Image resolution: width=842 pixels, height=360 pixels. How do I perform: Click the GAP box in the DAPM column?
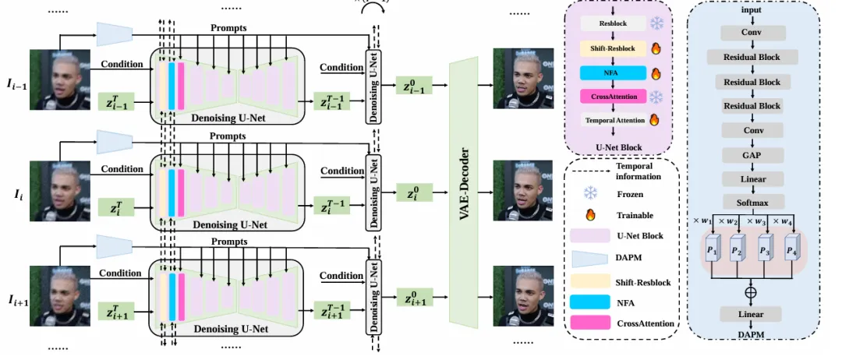[752, 155]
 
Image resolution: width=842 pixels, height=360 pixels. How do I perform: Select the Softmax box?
[752, 202]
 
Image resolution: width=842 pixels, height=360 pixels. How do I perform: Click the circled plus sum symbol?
[752, 292]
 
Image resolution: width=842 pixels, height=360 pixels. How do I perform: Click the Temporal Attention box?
[615, 120]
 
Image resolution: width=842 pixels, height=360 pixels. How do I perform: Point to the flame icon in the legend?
[589, 215]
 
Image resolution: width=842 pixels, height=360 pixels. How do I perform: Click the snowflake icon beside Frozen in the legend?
[589, 194]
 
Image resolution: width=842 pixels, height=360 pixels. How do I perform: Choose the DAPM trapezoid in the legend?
[589, 257]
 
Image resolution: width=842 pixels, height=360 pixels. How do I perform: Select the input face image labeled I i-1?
[55, 80]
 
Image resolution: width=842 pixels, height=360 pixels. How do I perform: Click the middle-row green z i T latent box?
[116, 206]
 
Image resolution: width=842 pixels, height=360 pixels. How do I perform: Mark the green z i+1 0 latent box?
[416, 298]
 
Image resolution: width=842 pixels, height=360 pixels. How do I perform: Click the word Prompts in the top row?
[228, 28]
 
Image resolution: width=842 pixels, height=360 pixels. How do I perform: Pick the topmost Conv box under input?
[752, 34]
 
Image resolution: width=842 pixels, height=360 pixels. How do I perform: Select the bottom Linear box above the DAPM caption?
[752, 314]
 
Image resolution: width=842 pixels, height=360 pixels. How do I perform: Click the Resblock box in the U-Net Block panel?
[613, 24]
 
